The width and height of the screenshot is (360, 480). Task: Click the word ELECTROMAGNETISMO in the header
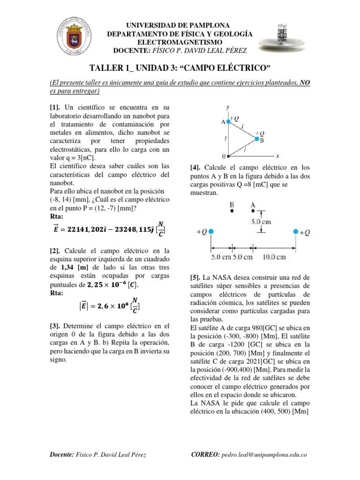[180, 43]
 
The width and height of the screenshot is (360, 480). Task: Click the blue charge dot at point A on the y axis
[228, 121]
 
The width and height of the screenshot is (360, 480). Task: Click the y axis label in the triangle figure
[228, 107]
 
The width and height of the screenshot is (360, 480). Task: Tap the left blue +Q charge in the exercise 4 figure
[211, 232]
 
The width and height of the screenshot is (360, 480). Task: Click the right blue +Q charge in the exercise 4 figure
[296, 232]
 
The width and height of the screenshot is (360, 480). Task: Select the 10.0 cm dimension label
[274, 256]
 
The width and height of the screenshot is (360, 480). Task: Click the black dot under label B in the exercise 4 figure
[232, 211]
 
